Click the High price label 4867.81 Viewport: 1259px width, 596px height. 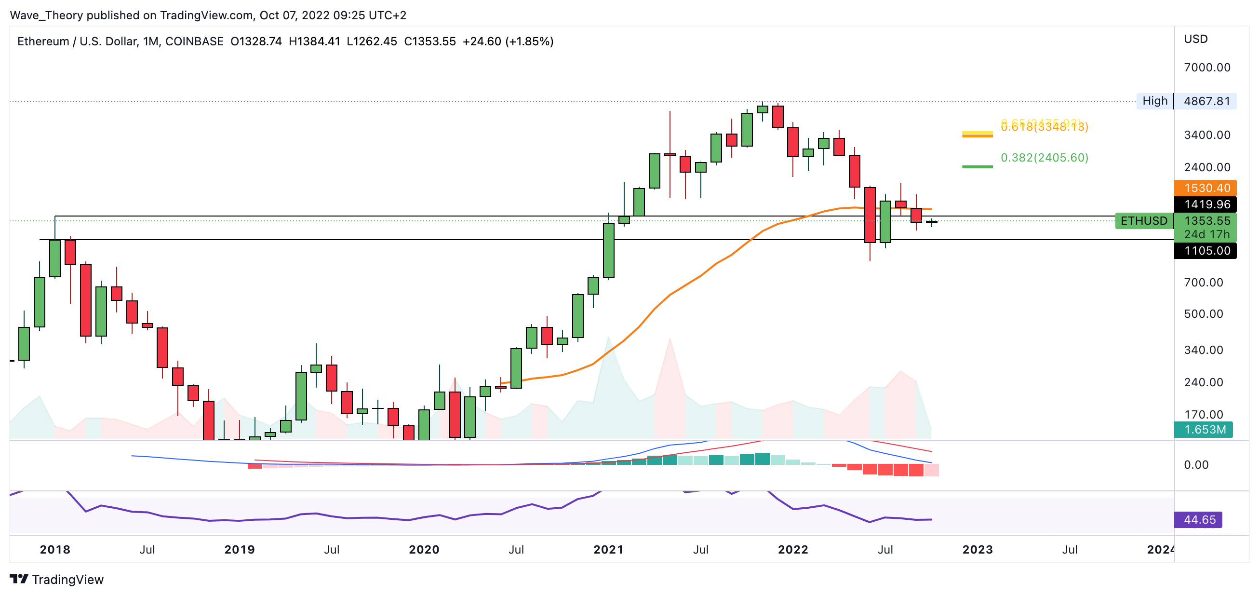tap(1206, 101)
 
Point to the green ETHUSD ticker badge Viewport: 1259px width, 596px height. tap(1144, 221)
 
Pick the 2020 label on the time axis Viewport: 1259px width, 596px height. tap(424, 550)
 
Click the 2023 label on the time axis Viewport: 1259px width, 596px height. tap(977, 550)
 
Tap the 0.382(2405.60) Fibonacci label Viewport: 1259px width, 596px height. tap(1045, 157)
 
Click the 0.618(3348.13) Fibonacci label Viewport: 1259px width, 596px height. tap(1045, 128)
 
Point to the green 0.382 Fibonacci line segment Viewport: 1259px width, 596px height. tap(977, 167)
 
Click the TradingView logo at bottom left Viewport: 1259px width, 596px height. tap(57, 580)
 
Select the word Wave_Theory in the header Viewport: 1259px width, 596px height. tap(46, 15)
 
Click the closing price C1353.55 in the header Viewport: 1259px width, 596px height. tap(429, 41)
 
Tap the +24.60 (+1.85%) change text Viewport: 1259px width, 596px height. tap(508, 41)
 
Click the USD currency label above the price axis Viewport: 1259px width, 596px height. tap(1195, 39)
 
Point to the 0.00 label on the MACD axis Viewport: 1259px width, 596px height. tap(1196, 465)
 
